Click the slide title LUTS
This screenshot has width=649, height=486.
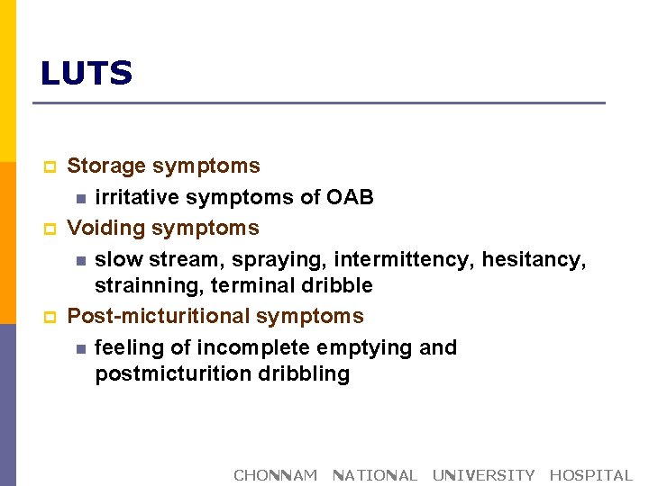point(87,74)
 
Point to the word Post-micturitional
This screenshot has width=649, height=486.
point(159,317)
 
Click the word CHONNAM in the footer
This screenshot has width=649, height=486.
point(276,475)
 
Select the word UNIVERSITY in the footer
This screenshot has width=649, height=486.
point(483,475)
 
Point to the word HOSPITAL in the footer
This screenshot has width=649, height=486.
point(590,475)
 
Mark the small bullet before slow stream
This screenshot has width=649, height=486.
point(81,261)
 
